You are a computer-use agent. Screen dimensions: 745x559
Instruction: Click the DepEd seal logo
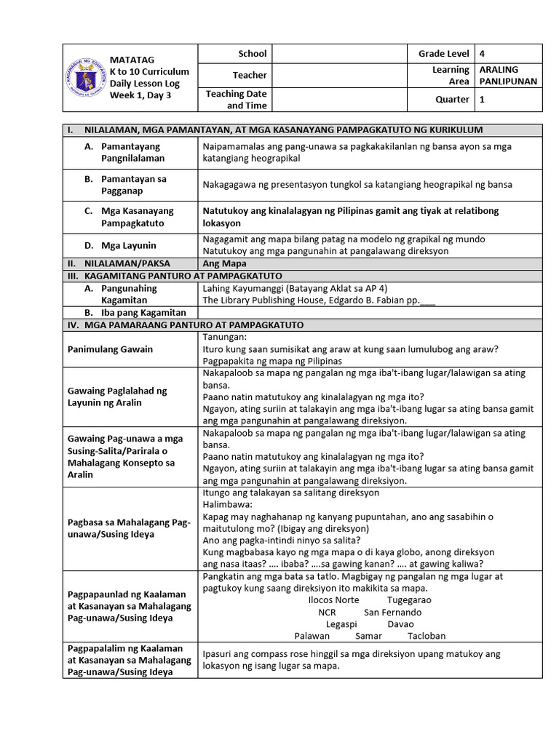[86, 78]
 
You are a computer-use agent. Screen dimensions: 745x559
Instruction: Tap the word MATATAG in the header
[132, 59]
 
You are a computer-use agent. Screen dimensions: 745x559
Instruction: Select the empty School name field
[338, 54]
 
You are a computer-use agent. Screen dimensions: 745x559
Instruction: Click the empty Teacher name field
[338, 75]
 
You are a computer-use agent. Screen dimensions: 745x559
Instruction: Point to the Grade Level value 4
[482, 54]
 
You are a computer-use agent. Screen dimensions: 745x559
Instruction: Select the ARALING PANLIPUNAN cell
[508, 75]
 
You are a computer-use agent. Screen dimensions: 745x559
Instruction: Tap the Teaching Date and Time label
[236, 100]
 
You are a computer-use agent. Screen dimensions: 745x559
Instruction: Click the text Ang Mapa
[224, 263]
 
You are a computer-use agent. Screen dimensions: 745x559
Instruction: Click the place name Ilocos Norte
[334, 600]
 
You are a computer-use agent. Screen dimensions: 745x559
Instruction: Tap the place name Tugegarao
[409, 600]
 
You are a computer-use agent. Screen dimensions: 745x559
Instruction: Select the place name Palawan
[312, 635]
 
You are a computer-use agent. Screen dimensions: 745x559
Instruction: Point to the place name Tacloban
[427, 635]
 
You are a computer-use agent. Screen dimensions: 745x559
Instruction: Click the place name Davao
[400, 624]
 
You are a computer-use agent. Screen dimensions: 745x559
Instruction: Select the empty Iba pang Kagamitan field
[370, 313]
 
